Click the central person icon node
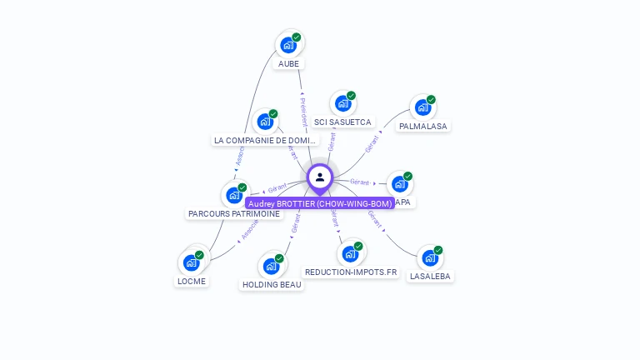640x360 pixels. (x=320, y=177)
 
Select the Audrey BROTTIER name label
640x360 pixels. (x=320, y=203)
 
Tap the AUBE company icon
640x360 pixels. (x=288, y=45)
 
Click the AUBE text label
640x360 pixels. (x=288, y=63)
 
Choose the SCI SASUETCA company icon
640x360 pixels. (x=342, y=103)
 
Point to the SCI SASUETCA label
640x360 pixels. (x=342, y=122)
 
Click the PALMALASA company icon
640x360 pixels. (x=422, y=107)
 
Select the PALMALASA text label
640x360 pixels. (x=422, y=127)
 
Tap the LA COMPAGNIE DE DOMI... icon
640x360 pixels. (x=266, y=122)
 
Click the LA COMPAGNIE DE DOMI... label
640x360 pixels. (x=265, y=141)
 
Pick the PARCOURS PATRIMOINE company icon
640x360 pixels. (x=234, y=195)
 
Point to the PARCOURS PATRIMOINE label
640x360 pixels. (x=234, y=214)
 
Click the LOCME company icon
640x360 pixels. (x=192, y=262)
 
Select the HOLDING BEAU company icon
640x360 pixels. (x=272, y=266)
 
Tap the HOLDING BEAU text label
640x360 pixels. (x=272, y=285)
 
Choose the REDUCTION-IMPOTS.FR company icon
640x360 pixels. (x=351, y=253)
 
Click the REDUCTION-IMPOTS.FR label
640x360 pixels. (x=351, y=272)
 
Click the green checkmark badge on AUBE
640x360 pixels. (x=297, y=37)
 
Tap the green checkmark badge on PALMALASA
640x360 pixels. (x=431, y=100)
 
